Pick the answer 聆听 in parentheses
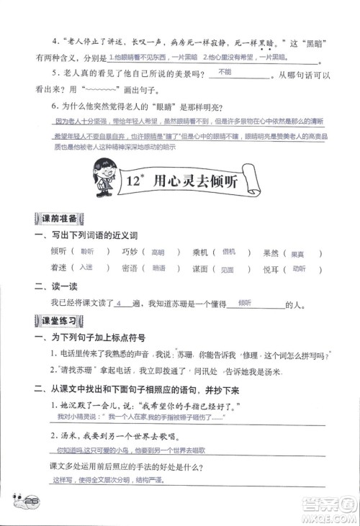point(88,253)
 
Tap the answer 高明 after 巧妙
point(157,253)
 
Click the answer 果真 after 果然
point(297,253)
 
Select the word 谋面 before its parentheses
point(200,268)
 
